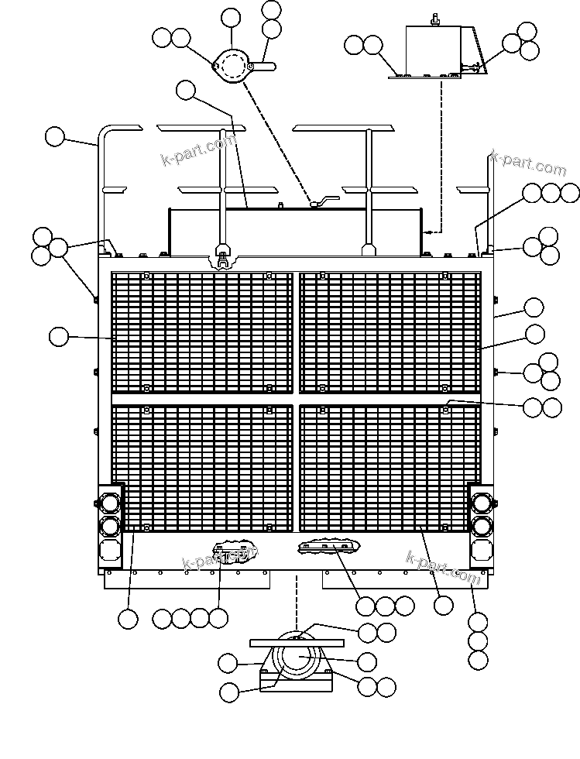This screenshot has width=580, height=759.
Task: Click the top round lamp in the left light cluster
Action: click(110, 503)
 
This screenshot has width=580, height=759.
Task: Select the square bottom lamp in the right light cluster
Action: click(482, 551)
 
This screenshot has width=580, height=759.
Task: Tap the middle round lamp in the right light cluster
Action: click(482, 526)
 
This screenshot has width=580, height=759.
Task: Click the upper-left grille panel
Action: click(202, 332)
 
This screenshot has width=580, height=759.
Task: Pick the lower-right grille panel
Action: click(390, 468)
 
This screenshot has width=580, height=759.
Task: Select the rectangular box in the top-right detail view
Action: click(432, 51)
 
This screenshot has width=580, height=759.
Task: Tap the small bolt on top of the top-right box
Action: click(435, 20)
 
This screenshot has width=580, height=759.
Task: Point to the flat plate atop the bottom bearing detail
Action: click(297, 643)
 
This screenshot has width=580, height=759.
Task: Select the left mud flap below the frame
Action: click(188, 579)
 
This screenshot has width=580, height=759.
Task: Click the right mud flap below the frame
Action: click(401, 579)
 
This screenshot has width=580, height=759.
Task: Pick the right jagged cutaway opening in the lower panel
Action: click(329, 546)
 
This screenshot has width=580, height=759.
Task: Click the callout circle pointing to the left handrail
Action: click(55, 136)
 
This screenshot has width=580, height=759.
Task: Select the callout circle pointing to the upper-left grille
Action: click(59, 336)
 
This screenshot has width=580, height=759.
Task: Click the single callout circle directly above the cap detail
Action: click(231, 18)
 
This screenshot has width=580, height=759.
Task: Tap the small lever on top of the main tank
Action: click(324, 202)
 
